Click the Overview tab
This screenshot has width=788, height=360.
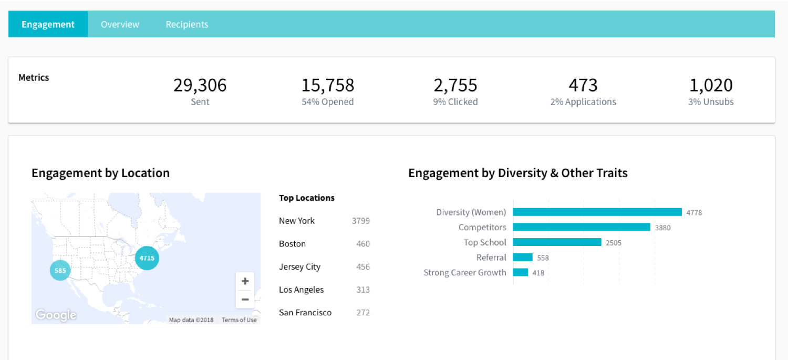coord(120,25)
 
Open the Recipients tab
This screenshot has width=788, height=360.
coord(186,25)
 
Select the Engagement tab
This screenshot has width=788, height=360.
coord(48,25)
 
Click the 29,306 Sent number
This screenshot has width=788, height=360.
coord(200,85)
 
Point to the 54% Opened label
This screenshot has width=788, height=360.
coord(327,102)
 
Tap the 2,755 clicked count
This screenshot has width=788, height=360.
coord(455,85)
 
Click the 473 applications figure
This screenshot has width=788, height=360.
coord(583,85)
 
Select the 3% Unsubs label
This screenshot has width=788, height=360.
coord(711,102)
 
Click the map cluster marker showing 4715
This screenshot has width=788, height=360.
coord(147,258)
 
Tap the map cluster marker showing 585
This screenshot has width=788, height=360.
coord(60,271)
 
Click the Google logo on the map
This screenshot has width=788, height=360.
coord(56,315)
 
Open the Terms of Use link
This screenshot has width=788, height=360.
coord(239,320)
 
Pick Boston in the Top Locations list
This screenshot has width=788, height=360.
coord(292,244)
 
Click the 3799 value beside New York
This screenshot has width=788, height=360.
coord(361,221)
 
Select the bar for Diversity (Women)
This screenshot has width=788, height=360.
coord(597,212)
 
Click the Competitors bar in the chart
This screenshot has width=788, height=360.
coord(582,227)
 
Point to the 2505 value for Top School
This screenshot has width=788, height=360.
coord(614,243)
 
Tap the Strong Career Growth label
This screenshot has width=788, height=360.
coord(465,273)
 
